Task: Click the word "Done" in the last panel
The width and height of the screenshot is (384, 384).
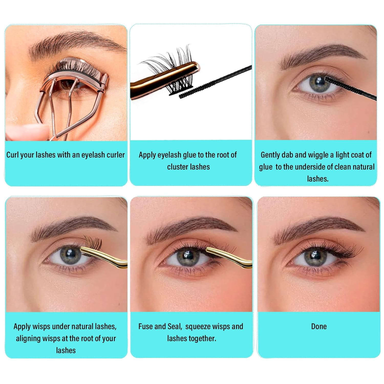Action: [319, 326]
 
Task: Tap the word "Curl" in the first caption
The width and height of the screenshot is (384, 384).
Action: [13, 155]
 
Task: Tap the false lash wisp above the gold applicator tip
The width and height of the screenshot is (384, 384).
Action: [94, 242]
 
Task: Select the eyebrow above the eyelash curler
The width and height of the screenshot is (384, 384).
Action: [74, 42]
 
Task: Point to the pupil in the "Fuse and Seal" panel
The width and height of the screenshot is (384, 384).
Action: [188, 255]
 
